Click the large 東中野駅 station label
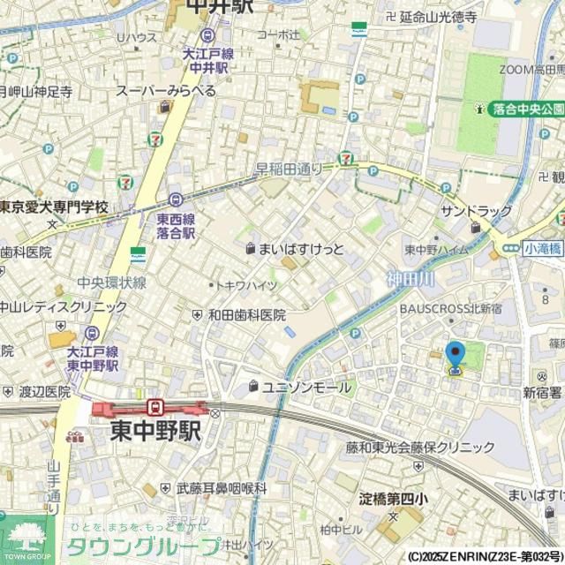click(x=154, y=432)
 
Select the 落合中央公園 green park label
click(x=528, y=109)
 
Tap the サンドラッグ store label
click(x=476, y=211)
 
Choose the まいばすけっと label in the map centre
click(x=300, y=250)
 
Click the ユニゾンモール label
click(x=305, y=387)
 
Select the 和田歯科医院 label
click(x=246, y=315)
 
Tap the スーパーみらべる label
click(x=167, y=91)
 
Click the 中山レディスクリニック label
click(x=62, y=307)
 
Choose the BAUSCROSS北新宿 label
click(x=451, y=310)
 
